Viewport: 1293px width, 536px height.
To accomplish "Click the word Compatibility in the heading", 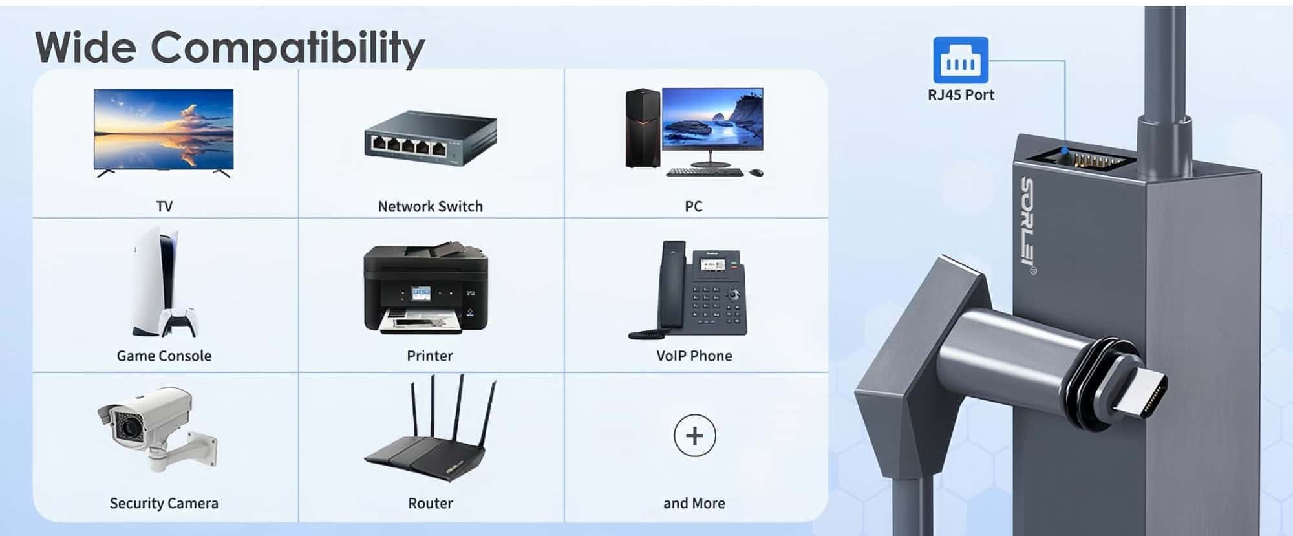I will [x=288, y=48].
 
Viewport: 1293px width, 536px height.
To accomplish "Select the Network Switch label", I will [x=430, y=206].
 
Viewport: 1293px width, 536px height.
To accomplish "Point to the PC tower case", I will [x=643, y=128].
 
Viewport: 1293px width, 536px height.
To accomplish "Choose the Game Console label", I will [x=164, y=356].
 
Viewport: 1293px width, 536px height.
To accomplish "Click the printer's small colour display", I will [x=421, y=294].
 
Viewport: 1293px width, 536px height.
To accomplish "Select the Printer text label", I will [x=430, y=356].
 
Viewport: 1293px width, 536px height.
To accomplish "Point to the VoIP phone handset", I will [x=672, y=284].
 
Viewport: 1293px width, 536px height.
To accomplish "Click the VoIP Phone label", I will [x=694, y=356].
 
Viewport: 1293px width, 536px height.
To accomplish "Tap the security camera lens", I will [x=128, y=427].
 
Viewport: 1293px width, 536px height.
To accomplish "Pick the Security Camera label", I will [x=164, y=503].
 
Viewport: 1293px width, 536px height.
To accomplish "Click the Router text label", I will [x=431, y=503].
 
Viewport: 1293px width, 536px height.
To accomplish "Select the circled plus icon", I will [x=694, y=436].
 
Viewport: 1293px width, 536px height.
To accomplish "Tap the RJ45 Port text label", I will [x=961, y=95].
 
